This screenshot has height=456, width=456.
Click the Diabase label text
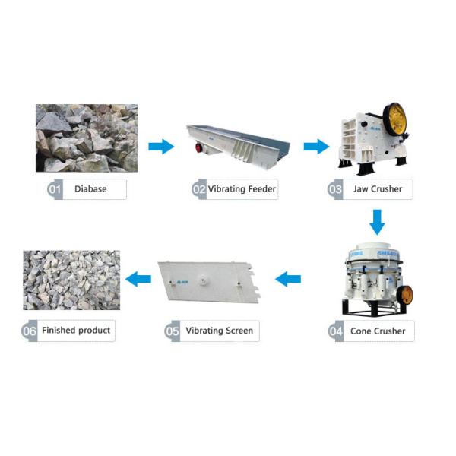[90, 188]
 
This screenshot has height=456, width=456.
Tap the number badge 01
[55, 188]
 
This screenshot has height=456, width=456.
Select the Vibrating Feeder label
[242, 188]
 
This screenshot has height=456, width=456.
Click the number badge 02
[199, 188]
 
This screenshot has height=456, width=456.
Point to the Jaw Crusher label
[378, 188]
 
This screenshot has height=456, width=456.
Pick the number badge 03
[335, 188]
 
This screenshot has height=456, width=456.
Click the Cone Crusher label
[378, 331]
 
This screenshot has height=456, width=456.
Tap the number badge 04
[336, 331]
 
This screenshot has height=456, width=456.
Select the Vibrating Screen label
[220, 331]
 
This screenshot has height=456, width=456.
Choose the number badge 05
[173, 331]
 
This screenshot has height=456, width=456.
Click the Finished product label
[76, 331]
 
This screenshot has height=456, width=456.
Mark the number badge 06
[30, 331]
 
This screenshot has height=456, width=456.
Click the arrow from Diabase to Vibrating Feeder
[160, 147]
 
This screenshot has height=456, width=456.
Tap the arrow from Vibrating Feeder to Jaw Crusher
[316, 147]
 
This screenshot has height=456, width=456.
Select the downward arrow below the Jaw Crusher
[377, 221]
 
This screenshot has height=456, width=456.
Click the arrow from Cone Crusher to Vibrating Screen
[288, 280]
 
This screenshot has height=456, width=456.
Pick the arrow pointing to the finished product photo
[138, 280]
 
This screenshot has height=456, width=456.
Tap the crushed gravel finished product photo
[71, 280]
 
